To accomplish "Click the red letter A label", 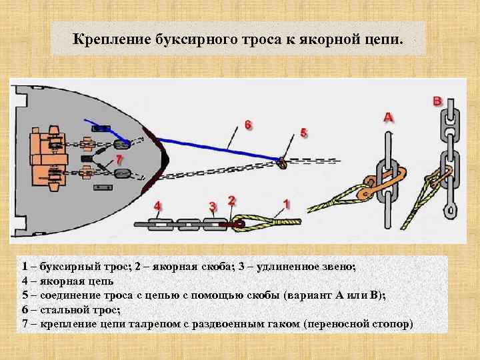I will (388, 117).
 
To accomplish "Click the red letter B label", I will (437, 101).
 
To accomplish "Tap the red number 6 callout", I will (248, 125).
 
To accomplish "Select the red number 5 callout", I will (304, 132).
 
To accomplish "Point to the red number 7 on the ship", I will (119, 160).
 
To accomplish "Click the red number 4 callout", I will (158, 205).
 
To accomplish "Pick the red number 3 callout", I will (213, 205).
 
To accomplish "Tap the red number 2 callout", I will (231, 199).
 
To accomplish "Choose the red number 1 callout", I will (287, 202).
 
